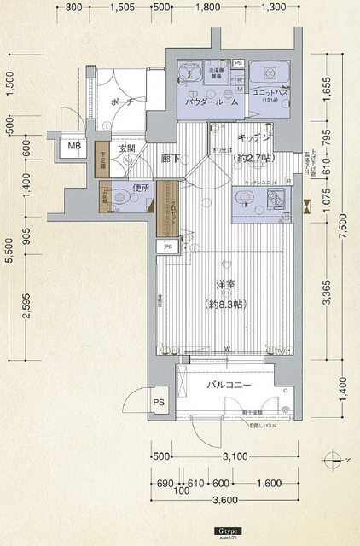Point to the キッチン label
[253, 137]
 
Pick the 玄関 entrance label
[127, 150]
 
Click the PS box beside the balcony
[159, 403]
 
